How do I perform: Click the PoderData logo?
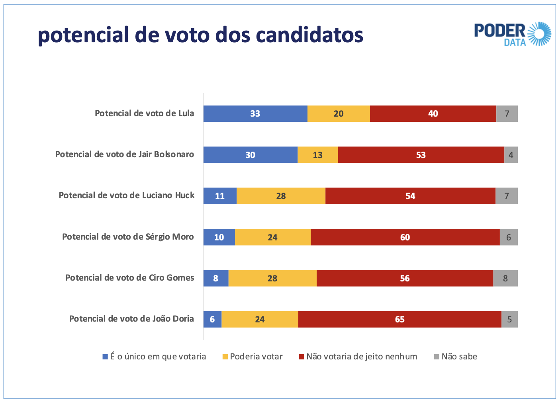click(512, 34)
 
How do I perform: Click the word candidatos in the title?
click(309, 35)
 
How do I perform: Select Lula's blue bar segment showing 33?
click(255, 114)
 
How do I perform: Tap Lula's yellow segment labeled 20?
click(339, 114)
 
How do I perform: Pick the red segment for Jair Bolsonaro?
click(421, 155)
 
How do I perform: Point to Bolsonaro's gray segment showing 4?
click(511, 155)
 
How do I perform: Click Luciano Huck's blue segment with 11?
click(220, 196)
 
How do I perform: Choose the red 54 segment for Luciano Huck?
click(410, 196)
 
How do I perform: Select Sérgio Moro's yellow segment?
click(272, 237)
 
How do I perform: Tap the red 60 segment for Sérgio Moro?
click(405, 237)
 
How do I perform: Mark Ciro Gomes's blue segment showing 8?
click(215, 278)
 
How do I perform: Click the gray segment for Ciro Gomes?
click(505, 278)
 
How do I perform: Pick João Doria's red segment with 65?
click(399, 319)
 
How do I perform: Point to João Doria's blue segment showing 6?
click(212, 319)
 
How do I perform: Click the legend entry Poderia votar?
click(252, 357)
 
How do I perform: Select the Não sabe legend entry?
click(455, 357)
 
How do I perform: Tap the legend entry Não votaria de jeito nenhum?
click(358, 357)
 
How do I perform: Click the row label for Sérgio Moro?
click(128, 237)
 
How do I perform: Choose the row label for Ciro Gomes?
click(129, 278)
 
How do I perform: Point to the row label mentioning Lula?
click(144, 113)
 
